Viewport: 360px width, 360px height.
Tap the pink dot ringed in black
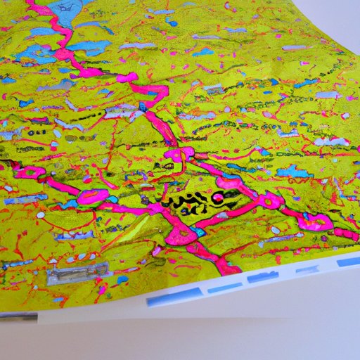pos(217,198)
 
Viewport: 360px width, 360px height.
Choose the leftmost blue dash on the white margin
pos(159,300)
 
